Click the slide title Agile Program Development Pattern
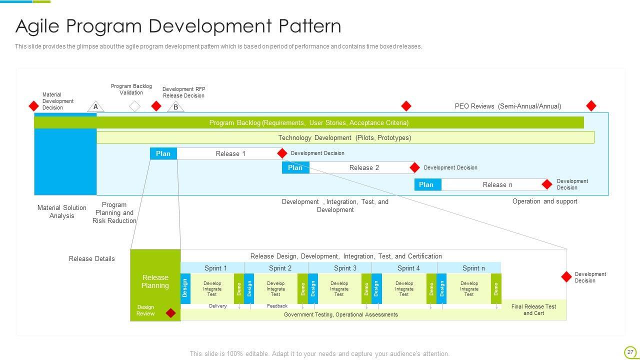coord(178,26)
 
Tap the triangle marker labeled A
coord(95,107)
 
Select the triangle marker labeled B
coord(175,107)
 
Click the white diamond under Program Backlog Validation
coord(134,106)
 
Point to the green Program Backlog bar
coord(308,122)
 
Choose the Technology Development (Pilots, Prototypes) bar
coord(345,137)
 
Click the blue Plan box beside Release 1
coord(163,153)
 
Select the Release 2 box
coord(364,167)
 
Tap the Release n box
coord(497,184)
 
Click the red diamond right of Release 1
coord(282,153)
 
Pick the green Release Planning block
coord(155,281)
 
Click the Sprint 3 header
coord(345,268)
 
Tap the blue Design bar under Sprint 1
coord(185,288)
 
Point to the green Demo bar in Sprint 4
coord(431,288)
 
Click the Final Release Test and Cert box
coord(533,310)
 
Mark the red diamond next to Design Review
coord(170,313)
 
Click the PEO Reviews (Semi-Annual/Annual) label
coord(507,106)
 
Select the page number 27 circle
coord(630,352)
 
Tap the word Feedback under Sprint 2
coord(277,305)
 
